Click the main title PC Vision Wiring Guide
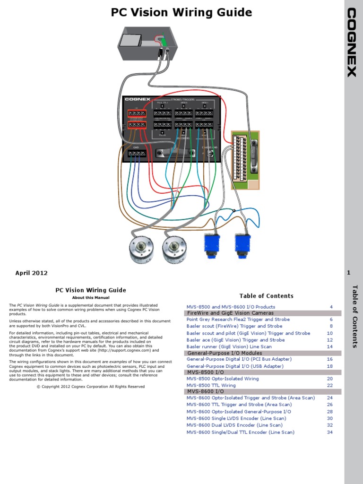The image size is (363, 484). [181, 12]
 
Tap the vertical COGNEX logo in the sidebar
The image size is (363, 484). [352, 42]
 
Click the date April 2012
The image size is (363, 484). [32, 273]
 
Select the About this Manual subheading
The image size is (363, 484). [90, 298]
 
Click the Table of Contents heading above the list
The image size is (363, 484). [266, 296]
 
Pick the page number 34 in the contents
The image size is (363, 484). [330, 432]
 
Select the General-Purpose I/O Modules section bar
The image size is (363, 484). [225, 353]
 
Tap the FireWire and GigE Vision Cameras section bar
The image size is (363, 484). [230, 313]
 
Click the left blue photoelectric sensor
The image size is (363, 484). [210, 245]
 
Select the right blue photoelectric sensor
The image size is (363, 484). [242, 244]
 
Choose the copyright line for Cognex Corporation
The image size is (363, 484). [91, 386]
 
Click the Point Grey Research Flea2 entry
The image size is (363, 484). [238, 320]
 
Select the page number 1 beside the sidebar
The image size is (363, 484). [348, 273]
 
